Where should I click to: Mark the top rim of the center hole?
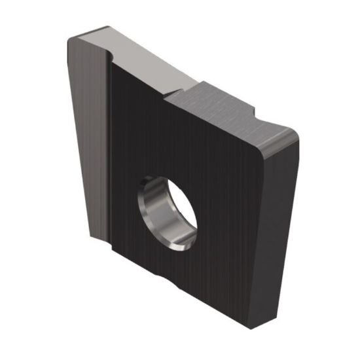point(164,175)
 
